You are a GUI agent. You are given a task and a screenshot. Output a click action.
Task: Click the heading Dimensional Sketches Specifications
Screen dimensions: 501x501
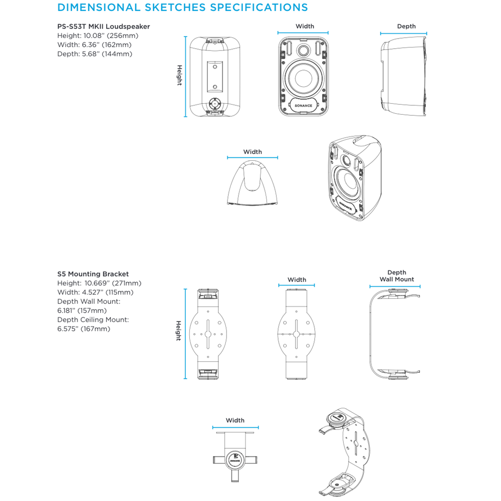182,8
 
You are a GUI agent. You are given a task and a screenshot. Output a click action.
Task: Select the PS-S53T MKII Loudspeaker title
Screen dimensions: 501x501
104,27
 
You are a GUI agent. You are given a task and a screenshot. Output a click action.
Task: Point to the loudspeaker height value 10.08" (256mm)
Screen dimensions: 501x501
111,36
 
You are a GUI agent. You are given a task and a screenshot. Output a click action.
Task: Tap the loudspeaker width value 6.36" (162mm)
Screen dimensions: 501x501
107,45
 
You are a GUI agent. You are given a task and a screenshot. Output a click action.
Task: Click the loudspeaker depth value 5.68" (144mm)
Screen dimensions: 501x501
107,54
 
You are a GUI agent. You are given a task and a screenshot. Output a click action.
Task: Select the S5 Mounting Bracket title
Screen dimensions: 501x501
93,274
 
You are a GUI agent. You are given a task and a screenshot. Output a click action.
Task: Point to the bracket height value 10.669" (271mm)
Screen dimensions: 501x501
113,283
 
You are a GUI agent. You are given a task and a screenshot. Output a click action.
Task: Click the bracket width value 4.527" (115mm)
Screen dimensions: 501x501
108,293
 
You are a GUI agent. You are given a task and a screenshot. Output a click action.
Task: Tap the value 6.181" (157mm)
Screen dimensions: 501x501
82,311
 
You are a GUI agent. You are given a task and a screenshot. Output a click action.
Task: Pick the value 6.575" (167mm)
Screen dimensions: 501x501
84,329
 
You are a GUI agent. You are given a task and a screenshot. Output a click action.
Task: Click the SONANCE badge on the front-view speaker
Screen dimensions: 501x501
303,105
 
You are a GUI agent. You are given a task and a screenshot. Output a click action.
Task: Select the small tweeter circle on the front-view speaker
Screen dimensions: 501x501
303,50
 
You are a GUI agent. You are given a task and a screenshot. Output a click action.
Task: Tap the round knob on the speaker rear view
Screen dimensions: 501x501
215,104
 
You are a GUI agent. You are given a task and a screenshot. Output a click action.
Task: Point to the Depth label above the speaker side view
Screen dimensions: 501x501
406,27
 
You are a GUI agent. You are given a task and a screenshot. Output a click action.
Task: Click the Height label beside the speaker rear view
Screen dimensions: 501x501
179,76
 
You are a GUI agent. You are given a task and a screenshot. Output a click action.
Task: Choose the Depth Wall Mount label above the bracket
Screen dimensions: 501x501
397,276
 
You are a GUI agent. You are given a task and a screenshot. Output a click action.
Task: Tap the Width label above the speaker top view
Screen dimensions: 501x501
253,152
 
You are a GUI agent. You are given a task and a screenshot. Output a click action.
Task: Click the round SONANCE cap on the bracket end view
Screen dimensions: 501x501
235,460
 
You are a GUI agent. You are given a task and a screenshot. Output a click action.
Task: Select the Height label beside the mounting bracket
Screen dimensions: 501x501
179,331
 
